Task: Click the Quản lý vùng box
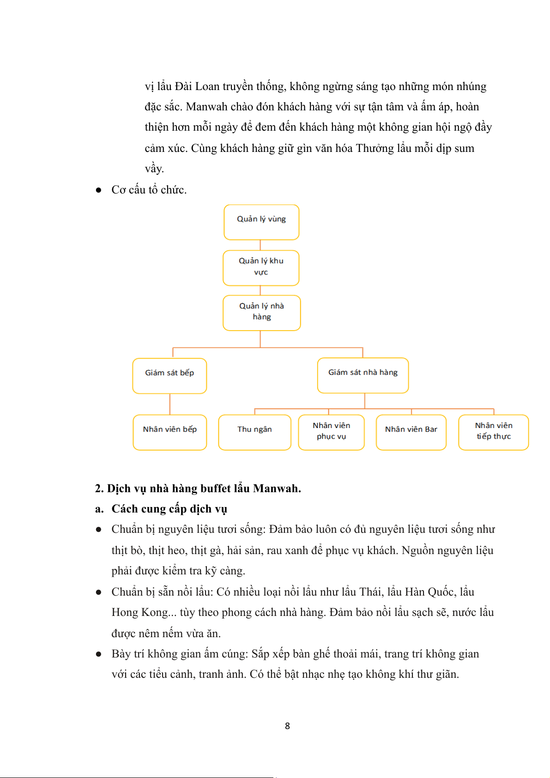click(261, 222)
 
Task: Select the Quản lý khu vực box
click(261, 268)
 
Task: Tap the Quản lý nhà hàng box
click(261, 313)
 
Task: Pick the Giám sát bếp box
click(169, 375)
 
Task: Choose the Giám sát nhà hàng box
click(363, 375)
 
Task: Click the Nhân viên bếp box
click(169, 432)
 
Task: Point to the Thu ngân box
click(254, 432)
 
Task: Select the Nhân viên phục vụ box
click(331, 432)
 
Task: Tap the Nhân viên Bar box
click(411, 432)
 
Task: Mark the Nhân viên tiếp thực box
click(493, 432)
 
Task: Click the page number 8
click(287, 726)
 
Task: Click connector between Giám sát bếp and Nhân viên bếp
click(170, 404)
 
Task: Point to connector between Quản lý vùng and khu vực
click(260, 245)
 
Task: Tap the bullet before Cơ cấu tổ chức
click(98, 190)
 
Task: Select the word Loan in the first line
click(207, 86)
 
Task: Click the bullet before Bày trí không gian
click(98, 654)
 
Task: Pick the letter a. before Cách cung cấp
click(99, 509)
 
